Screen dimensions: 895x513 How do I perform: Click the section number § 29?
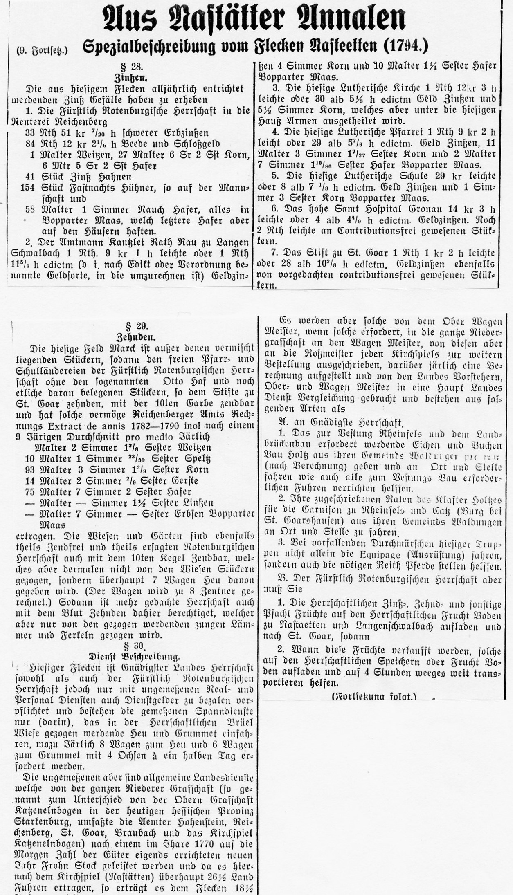[x=137, y=326]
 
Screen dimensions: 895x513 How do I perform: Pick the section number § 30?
[x=134, y=645]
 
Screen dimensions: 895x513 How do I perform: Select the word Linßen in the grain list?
[x=197, y=503]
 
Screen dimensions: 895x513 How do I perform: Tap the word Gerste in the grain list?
[x=183, y=481]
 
